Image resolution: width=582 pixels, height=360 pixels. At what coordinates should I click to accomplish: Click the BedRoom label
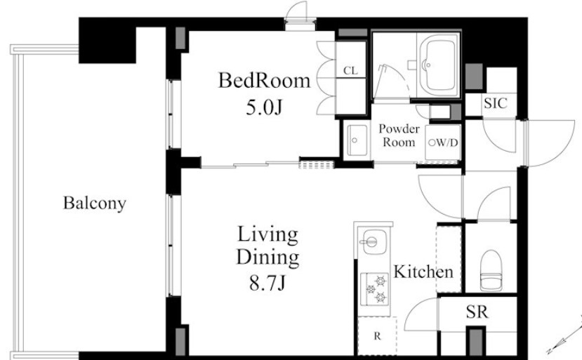pos(264,81)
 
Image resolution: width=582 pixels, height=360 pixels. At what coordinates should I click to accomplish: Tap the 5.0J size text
pos(264,107)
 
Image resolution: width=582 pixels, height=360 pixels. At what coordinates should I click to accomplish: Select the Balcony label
pos(95,204)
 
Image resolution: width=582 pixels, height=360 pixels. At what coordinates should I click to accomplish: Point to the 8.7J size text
pos(267,284)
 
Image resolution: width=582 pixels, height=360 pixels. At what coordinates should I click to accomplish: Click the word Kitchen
pos(423,272)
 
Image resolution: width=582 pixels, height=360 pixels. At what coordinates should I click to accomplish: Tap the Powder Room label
pos(399,135)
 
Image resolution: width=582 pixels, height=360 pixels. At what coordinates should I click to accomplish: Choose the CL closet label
pos(351,70)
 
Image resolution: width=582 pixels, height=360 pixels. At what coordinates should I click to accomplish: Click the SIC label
pos(496,102)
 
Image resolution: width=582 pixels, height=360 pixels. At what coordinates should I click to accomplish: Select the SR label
pos(477,312)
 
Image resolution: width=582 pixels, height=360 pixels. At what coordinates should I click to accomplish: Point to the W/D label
pos(443,142)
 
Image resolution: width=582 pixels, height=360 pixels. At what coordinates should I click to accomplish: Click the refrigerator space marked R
pos(378,336)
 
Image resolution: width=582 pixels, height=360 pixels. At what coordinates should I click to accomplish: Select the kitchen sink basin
pos(373,241)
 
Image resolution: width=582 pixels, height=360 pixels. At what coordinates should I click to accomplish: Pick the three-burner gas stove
pos(374,289)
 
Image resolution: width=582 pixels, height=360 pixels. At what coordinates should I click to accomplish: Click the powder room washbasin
pos(357,141)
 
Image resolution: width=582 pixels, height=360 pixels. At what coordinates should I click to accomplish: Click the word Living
pos(267,235)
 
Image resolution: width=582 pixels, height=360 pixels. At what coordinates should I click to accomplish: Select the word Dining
pos(267,258)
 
